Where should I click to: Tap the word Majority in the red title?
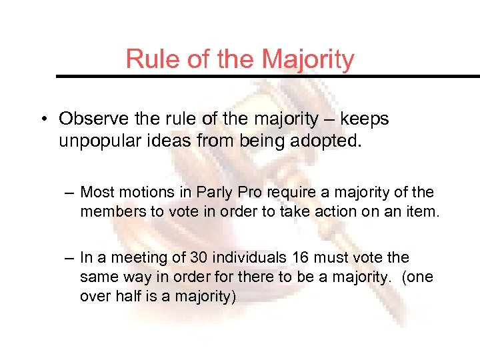308,59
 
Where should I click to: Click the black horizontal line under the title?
267,77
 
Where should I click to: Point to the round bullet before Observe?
42,119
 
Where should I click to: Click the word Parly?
212,193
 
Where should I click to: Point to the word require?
279,193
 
